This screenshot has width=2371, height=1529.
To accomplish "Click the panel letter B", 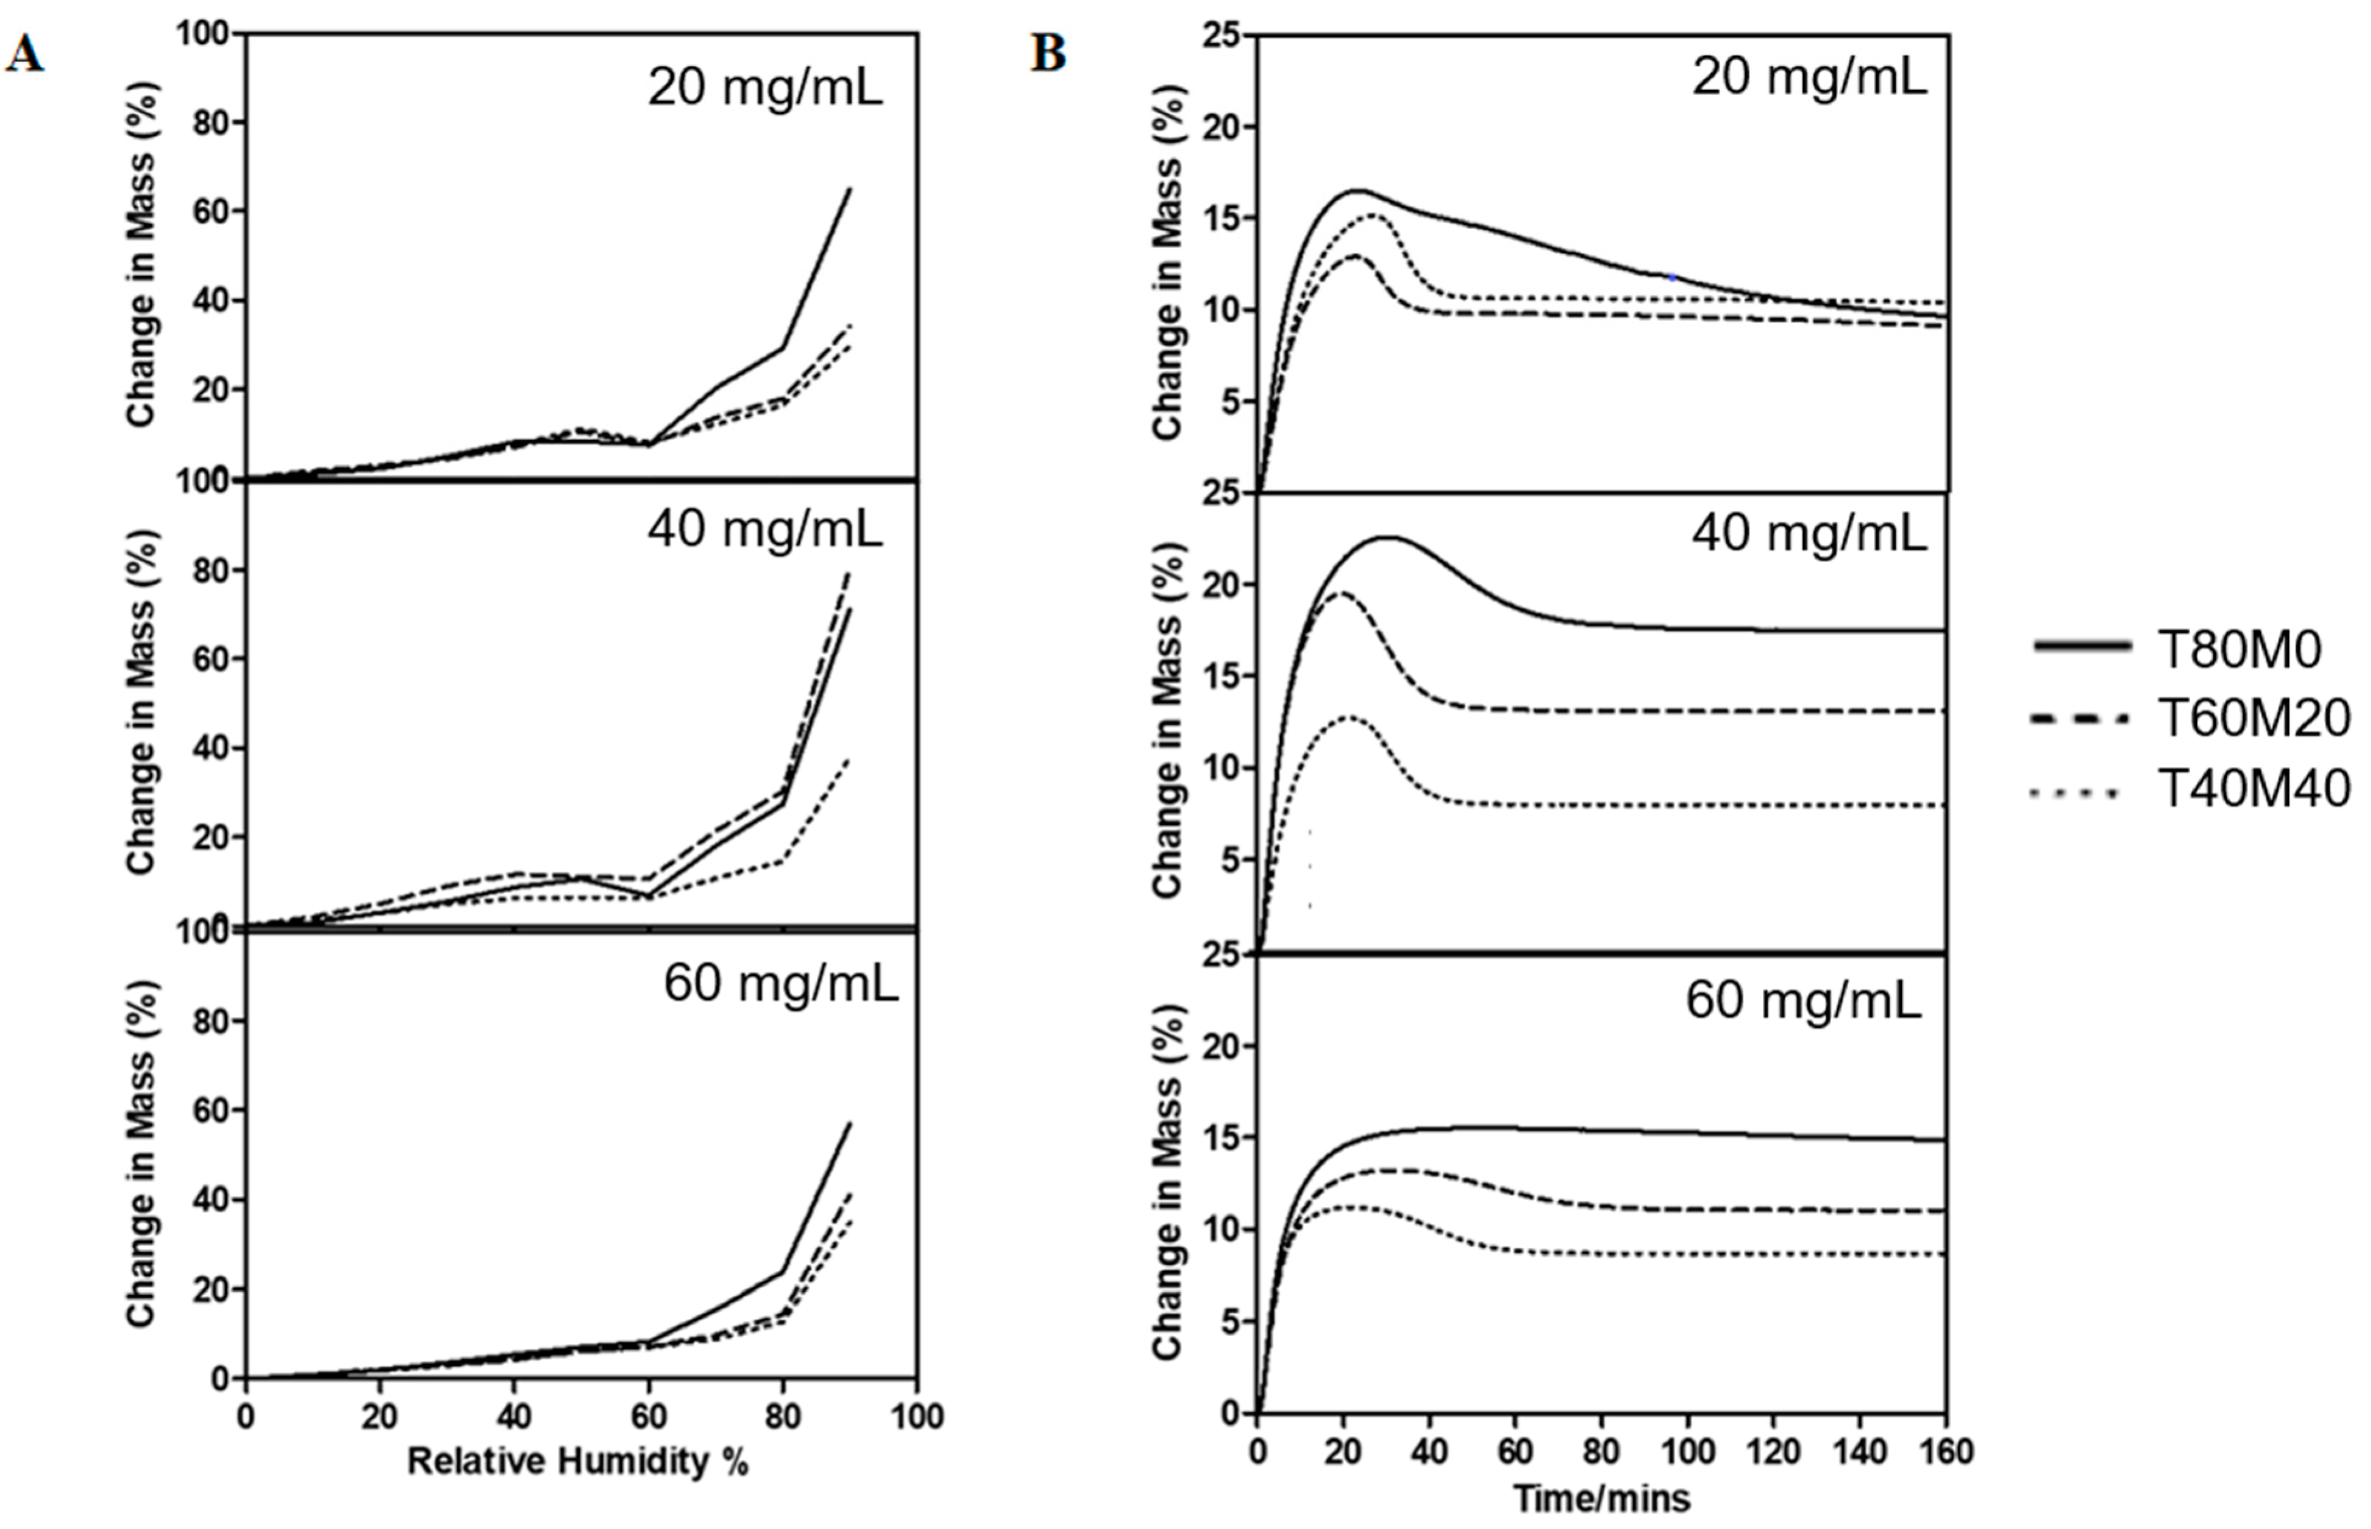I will click(x=1047, y=54).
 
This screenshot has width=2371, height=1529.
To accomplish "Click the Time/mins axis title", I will click(x=1601, y=1497).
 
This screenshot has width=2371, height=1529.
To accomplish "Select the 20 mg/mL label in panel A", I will click(x=765, y=88).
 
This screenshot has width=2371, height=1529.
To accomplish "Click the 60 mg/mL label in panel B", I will click(x=1802, y=1001).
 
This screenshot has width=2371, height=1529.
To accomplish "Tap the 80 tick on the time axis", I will click(x=1601, y=1452).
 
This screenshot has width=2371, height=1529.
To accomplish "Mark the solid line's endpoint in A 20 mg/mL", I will click(x=850, y=188).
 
